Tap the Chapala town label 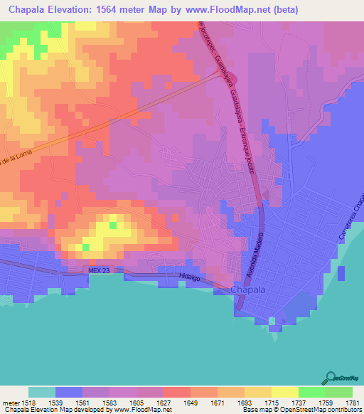coord(250,290)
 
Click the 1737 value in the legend coord(286,403)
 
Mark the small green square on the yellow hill coord(112,225)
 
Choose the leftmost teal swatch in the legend coord(42,392)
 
